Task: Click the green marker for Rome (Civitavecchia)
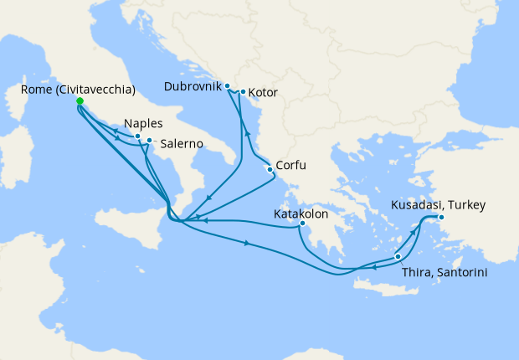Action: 80,101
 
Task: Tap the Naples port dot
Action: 138,136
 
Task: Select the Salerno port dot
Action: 149,141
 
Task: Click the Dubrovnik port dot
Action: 228,86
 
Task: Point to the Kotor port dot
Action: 243,92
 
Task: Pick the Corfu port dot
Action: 270,170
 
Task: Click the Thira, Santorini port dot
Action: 398,257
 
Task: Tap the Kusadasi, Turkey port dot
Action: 441,219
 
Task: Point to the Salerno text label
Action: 180,144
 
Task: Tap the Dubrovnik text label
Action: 193,86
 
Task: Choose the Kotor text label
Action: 264,93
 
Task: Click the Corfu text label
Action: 292,166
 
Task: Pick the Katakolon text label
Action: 301,213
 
